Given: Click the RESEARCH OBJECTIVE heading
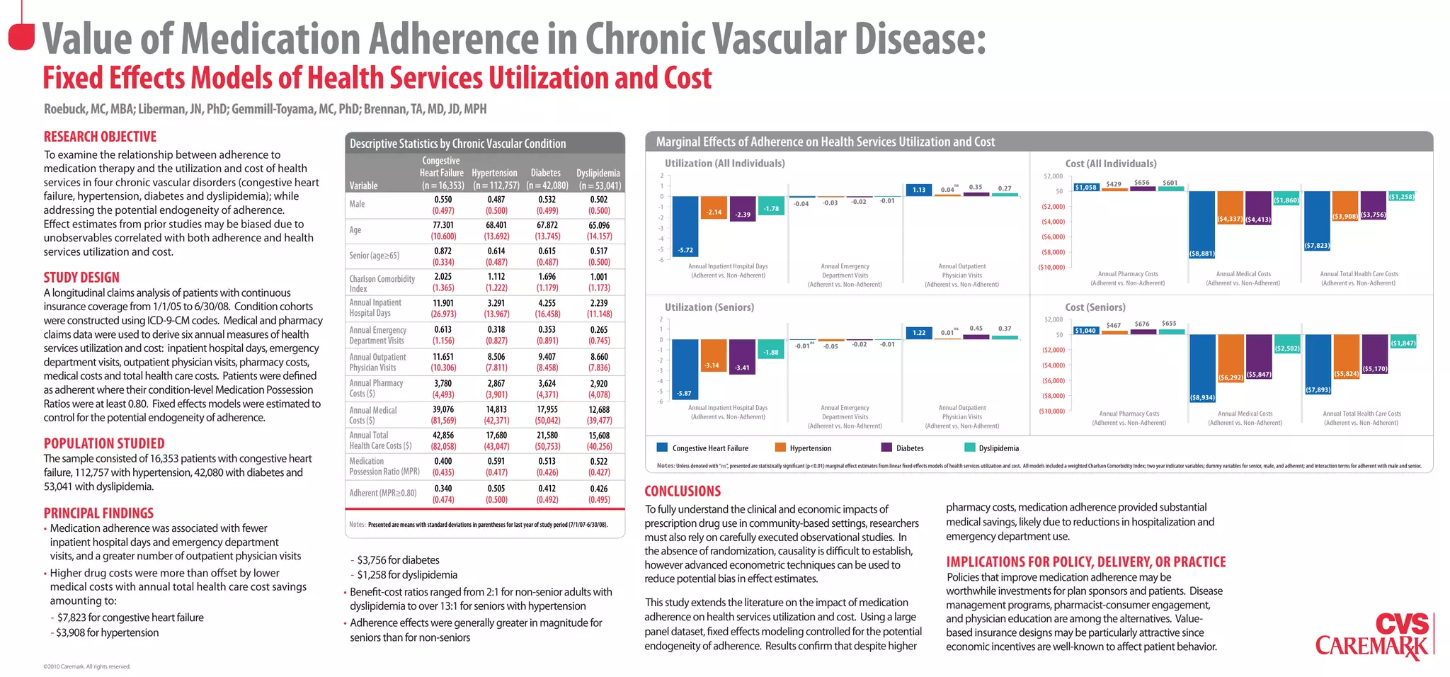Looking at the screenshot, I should click(100, 137).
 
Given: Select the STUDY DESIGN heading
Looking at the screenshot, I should click(81, 278).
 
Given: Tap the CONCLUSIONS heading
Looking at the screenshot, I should click(683, 491).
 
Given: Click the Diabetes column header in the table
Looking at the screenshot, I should click(545, 173).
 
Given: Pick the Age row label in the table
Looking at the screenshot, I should click(355, 229).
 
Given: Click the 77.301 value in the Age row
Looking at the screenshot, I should click(443, 225).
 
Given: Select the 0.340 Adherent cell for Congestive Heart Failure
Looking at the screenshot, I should click(443, 488).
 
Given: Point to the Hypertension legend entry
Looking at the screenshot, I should click(810, 448).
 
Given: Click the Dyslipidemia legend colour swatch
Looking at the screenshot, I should click(970, 448).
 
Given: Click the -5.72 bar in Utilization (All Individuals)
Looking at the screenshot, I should click(685, 227).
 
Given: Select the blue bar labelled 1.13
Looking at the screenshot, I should click(918, 190).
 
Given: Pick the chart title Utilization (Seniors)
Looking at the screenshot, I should click(709, 307).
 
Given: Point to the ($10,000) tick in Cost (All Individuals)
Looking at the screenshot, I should click(1051, 267).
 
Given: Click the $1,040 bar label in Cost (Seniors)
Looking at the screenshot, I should click(1085, 331).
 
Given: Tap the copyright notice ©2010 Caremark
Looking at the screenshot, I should click(86, 666).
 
